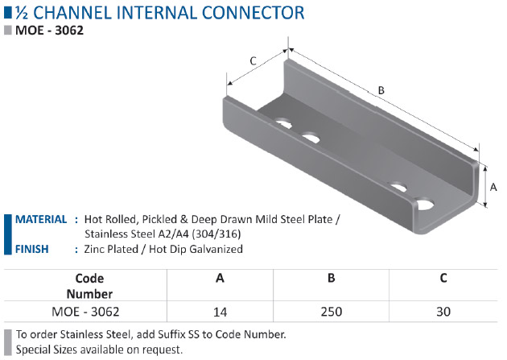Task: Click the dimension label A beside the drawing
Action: [493, 188]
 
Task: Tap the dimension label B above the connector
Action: [381, 90]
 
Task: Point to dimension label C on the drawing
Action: [253, 61]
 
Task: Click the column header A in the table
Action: [220, 278]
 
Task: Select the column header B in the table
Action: [331, 278]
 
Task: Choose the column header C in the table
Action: [443, 278]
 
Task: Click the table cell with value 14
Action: [220, 312]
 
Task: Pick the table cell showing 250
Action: [331, 312]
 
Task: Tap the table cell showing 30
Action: [443, 312]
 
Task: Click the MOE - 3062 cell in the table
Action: [85, 312]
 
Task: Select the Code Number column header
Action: [89, 286]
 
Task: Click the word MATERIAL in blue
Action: [41, 219]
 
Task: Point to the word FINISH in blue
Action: [32, 249]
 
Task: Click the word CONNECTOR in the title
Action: [253, 13]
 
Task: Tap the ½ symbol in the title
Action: [22, 13]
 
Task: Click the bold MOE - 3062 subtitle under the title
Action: [49, 31]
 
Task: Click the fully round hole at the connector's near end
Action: [425, 204]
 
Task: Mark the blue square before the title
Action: [8, 13]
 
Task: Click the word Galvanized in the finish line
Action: [216, 249]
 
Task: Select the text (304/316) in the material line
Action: [216, 234]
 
